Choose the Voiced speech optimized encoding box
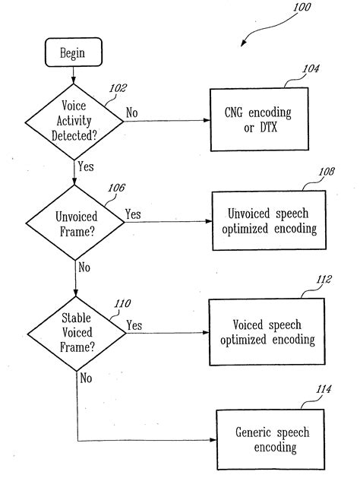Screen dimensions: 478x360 click(x=267, y=331)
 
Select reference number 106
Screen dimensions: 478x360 click(x=117, y=187)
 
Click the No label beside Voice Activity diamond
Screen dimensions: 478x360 click(x=132, y=112)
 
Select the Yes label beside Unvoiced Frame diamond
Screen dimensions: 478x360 click(x=133, y=214)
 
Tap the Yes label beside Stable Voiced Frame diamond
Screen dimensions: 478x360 click(x=134, y=325)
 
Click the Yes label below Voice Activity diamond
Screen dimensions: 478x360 click(x=86, y=166)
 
